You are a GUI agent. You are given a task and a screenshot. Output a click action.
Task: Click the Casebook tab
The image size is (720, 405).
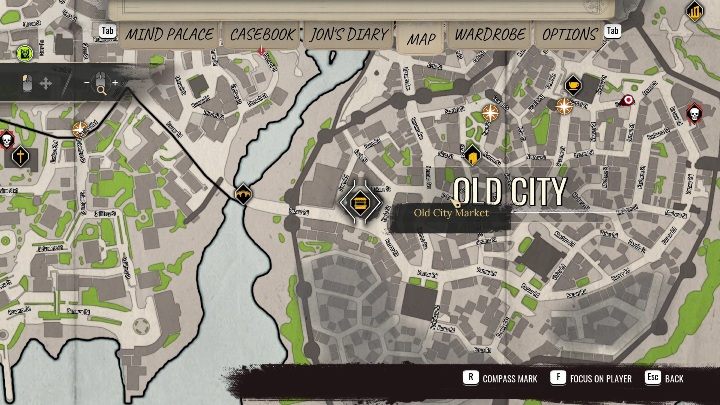pyautogui.click(x=262, y=34)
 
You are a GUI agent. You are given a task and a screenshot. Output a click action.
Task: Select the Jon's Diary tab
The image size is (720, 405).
pyautogui.click(x=347, y=34)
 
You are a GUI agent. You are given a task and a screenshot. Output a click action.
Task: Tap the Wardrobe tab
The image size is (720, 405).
pyautogui.click(x=490, y=34)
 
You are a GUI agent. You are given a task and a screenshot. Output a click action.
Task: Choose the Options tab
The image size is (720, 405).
pyautogui.click(x=569, y=34)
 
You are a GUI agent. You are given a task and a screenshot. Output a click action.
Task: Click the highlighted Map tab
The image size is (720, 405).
pyautogui.click(x=421, y=38)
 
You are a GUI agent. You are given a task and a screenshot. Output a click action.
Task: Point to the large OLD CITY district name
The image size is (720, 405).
pyautogui.click(x=510, y=192)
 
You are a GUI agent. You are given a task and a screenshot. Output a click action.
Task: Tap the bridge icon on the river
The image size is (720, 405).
pyautogui.click(x=242, y=193)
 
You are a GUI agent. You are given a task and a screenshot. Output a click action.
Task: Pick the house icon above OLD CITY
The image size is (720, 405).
pyautogui.click(x=472, y=154)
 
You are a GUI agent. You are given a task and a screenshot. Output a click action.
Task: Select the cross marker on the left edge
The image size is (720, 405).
pyautogui.click(x=19, y=156)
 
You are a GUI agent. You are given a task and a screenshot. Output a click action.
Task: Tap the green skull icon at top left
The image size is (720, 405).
pyautogui.click(x=27, y=52)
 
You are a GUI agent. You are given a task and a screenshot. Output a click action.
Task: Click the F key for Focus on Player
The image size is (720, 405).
pyautogui.click(x=559, y=379)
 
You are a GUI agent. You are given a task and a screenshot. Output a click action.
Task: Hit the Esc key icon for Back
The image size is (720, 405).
pyautogui.click(x=651, y=379)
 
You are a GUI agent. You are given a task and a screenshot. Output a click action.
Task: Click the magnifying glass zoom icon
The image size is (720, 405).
pyautogui.click(x=101, y=85)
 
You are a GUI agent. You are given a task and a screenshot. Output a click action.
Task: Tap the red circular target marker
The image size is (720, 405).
pyautogui.click(x=628, y=100)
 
